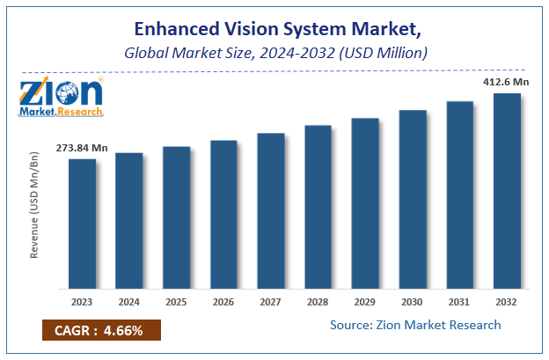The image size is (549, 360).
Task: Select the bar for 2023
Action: coord(83,224)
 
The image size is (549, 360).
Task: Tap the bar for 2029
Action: coord(365,203)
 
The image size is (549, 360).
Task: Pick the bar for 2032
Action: coord(507,191)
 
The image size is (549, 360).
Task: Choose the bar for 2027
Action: coord(271,210)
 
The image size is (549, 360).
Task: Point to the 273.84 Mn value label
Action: coord(83,148)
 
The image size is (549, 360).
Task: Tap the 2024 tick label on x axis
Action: coord(129,301)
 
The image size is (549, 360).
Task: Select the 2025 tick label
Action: coord(177,301)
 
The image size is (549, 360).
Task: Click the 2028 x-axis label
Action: coord(318,301)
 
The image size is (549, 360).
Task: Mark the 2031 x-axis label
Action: coord(459,301)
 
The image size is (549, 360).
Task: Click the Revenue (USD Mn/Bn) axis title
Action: coord(36,204)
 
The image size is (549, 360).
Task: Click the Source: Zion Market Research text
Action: coord(415,325)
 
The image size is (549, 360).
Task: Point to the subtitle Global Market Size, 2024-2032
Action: coord(274,53)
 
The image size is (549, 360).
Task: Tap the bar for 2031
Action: coord(459,195)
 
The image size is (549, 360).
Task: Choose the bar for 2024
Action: coord(129,221)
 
